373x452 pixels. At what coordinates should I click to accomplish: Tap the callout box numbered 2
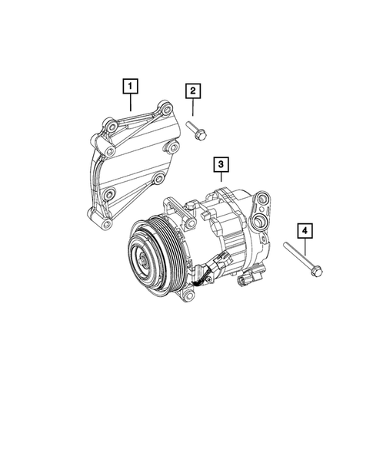[192, 92]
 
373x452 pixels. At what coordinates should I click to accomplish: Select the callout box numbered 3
[220, 165]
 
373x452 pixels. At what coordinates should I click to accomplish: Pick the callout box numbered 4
[305, 230]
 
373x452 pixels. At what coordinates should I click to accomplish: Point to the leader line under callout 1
[132, 102]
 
